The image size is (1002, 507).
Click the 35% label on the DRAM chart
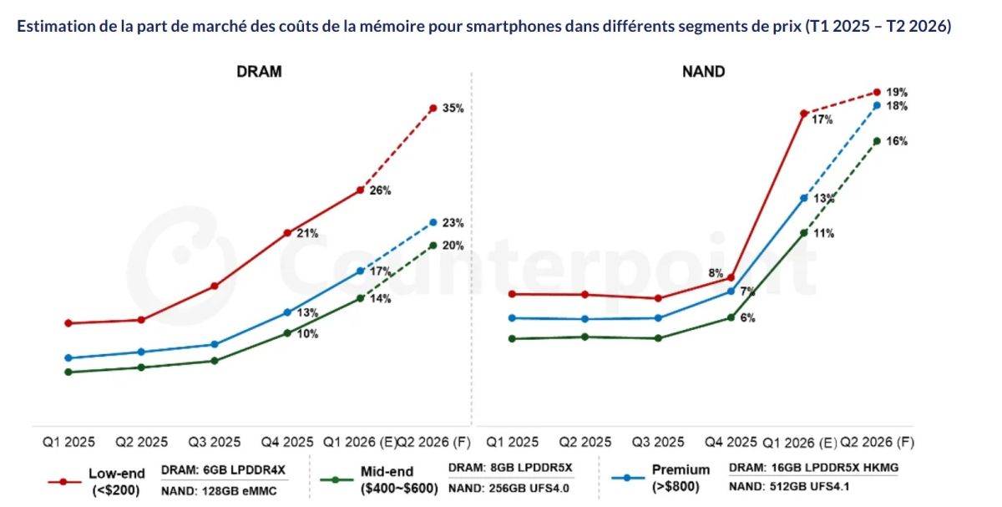(x=453, y=109)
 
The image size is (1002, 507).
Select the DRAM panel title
(x=259, y=72)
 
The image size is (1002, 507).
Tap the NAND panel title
(x=703, y=72)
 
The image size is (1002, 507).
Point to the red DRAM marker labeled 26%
(x=360, y=190)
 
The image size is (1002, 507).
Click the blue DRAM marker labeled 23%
(x=433, y=222)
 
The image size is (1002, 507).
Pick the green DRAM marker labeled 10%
(x=287, y=332)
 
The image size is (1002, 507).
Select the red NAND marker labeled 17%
(x=803, y=113)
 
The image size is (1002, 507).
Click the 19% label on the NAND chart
(x=897, y=93)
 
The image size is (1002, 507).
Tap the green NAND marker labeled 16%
(x=877, y=140)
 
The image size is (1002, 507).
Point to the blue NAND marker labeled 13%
(x=803, y=198)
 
